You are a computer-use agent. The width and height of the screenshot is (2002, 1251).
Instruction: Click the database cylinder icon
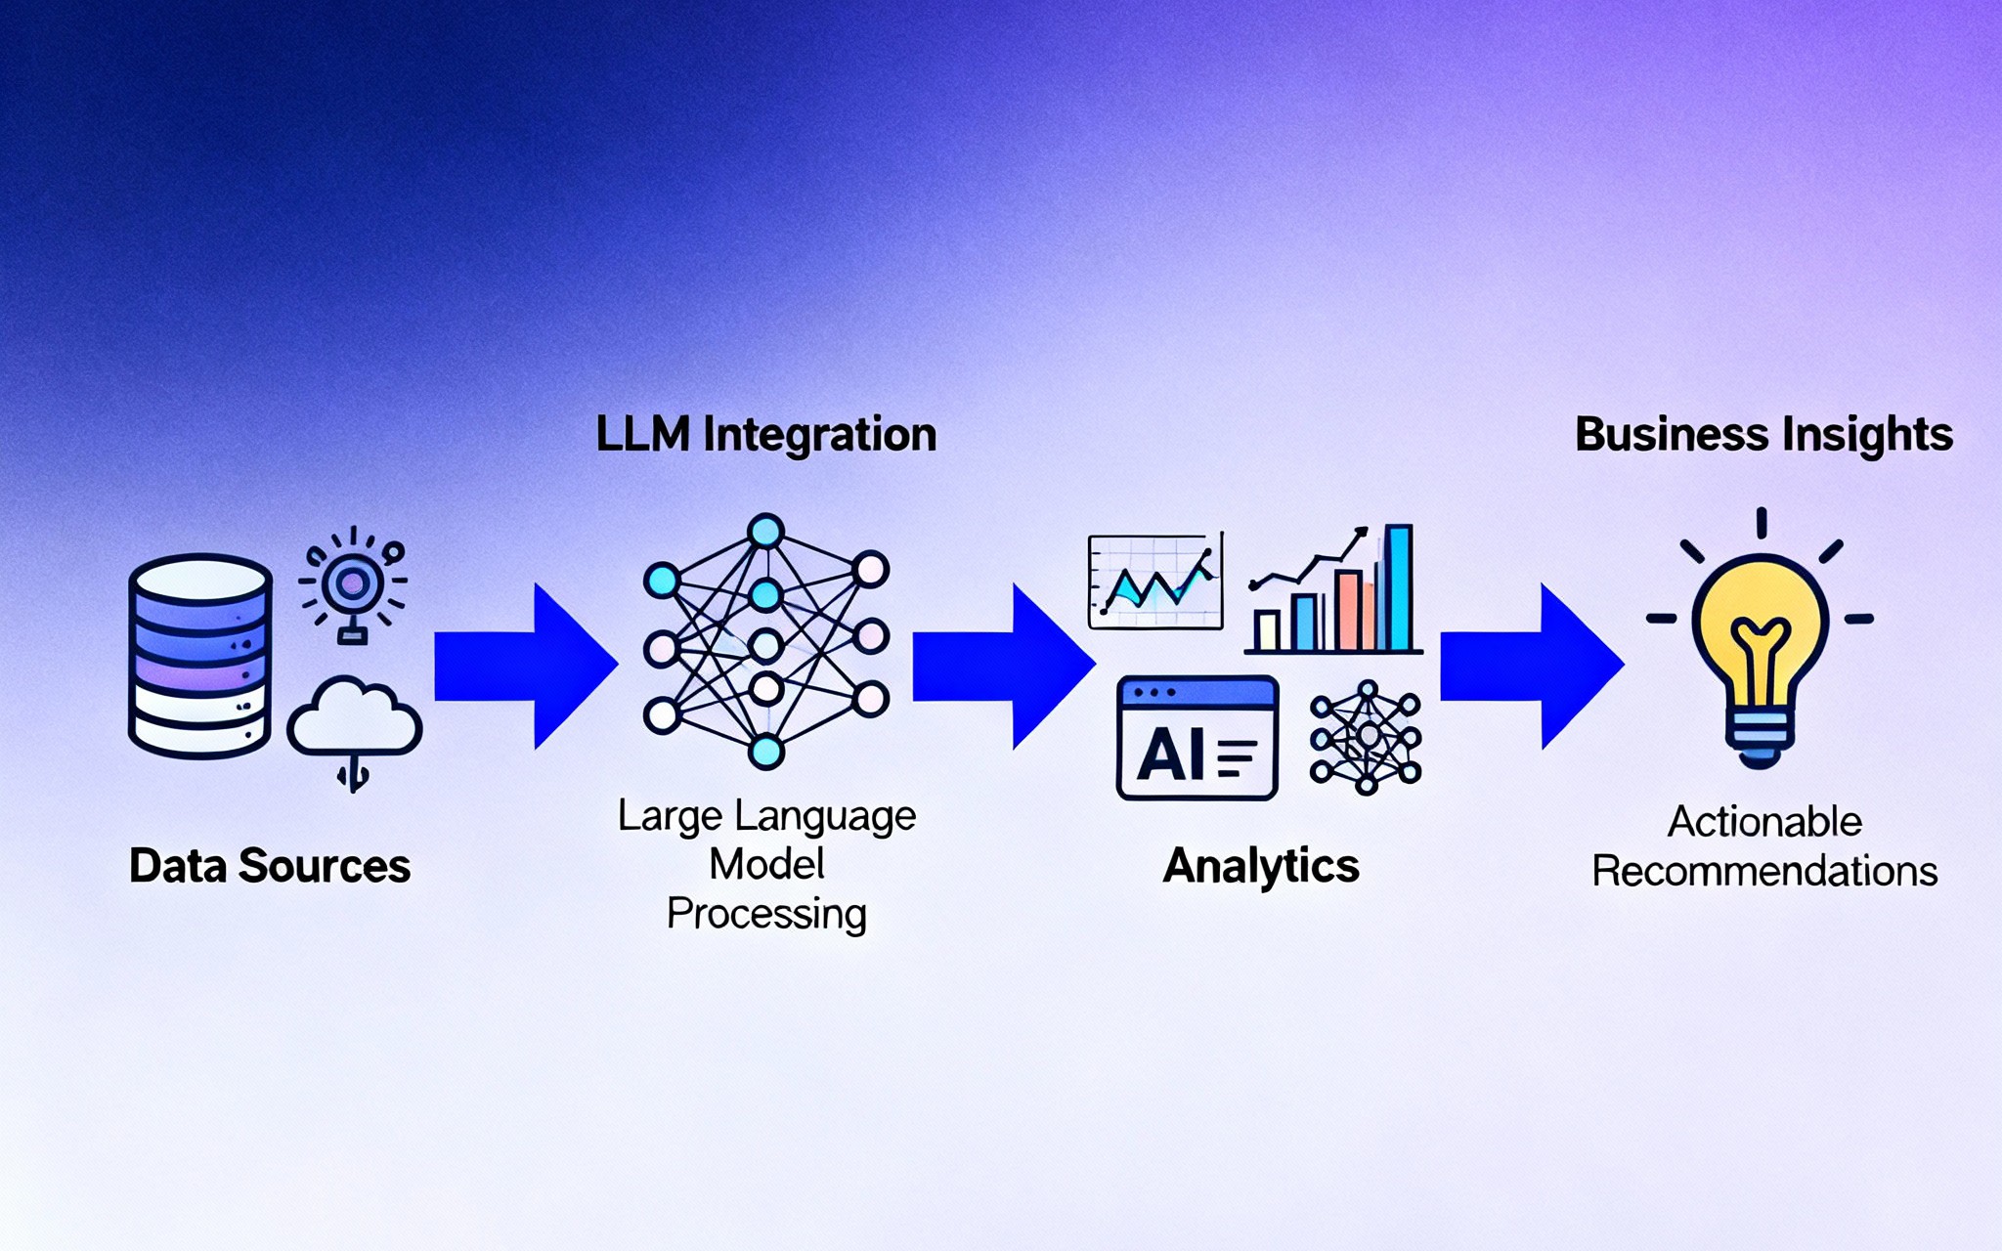click(199, 656)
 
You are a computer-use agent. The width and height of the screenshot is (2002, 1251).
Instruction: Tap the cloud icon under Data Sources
click(354, 719)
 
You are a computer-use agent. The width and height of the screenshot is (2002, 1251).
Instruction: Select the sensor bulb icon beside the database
click(352, 585)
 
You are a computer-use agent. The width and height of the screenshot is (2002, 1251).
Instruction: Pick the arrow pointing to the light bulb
click(1531, 667)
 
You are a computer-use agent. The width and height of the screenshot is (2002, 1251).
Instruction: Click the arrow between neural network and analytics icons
click(1003, 667)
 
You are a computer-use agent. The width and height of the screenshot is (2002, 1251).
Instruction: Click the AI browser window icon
click(1197, 739)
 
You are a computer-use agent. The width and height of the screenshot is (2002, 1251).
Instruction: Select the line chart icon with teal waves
click(1155, 582)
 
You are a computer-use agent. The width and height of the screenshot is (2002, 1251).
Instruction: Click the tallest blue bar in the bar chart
click(1398, 588)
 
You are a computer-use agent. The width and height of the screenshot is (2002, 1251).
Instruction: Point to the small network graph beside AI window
click(1366, 737)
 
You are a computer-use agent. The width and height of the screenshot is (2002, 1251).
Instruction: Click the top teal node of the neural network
click(765, 532)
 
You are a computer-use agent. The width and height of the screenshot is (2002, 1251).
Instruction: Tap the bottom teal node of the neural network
click(765, 752)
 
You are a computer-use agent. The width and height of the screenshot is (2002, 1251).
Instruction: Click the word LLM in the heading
click(642, 435)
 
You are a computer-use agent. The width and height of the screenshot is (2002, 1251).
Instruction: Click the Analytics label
click(1261, 866)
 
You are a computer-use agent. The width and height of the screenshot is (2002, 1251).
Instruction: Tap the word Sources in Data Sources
click(325, 866)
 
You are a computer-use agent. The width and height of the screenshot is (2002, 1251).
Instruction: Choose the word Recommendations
click(1764, 871)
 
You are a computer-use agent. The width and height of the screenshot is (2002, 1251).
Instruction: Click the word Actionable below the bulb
click(1764, 822)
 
